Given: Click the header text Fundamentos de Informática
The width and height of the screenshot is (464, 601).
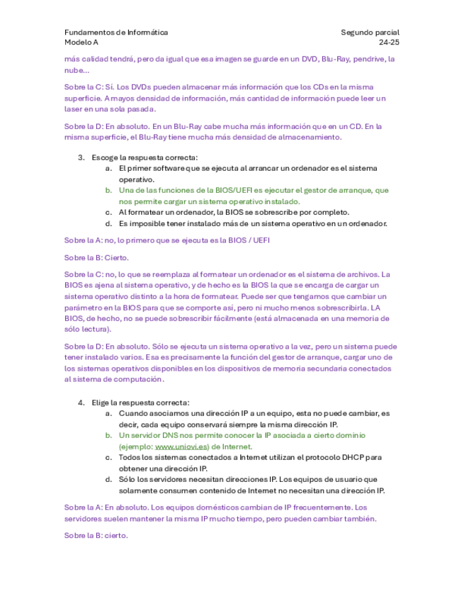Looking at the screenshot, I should pos(116,33).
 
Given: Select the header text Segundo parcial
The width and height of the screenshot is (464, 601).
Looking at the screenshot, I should pos(370,33).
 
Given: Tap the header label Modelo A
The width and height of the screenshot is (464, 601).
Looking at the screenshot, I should pos(82,43).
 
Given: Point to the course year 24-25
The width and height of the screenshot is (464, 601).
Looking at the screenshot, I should pos(389,43).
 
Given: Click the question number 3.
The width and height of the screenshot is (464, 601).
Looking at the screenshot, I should pos(81,157).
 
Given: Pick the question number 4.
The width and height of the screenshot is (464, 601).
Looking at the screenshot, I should pos(81,402).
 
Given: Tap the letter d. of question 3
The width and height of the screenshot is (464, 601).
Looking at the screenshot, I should pos(108,223).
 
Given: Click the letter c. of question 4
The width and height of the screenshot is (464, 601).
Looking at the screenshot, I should pos(108,458).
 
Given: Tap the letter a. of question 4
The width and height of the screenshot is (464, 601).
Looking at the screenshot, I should pos(108,412).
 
